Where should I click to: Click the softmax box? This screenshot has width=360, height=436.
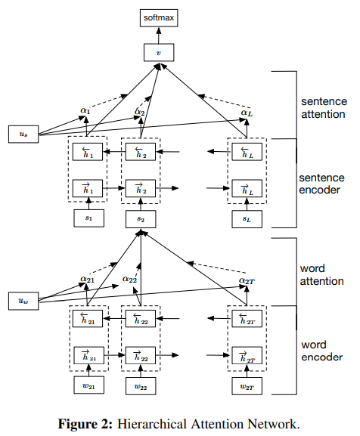[x=159, y=18]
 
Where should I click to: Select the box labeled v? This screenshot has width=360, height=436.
[x=159, y=52]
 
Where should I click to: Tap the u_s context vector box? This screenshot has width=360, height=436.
[x=23, y=134]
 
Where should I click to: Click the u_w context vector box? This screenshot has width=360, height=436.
[x=23, y=301]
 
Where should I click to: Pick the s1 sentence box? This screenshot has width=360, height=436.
[x=88, y=218]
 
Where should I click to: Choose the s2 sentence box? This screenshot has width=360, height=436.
[x=141, y=219]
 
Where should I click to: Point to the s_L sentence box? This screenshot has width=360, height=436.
[x=247, y=219]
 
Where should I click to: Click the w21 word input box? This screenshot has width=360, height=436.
[x=88, y=385]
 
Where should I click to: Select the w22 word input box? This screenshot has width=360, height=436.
[x=141, y=386]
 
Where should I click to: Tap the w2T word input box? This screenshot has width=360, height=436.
[x=247, y=386]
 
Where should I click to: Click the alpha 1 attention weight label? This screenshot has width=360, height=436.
[x=85, y=110]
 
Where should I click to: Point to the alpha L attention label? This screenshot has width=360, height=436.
[x=247, y=113]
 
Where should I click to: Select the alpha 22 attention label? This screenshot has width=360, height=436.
[x=129, y=279]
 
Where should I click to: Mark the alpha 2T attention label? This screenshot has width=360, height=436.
[x=247, y=280]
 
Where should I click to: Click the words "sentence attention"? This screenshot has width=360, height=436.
[x=324, y=108]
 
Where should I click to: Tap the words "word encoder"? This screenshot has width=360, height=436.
[x=322, y=351]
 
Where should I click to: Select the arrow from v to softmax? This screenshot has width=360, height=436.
[x=159, y=36]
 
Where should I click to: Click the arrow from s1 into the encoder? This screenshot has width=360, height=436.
[x=88, y=203]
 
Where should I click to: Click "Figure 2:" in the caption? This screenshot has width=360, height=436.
[x=85, y=425]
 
